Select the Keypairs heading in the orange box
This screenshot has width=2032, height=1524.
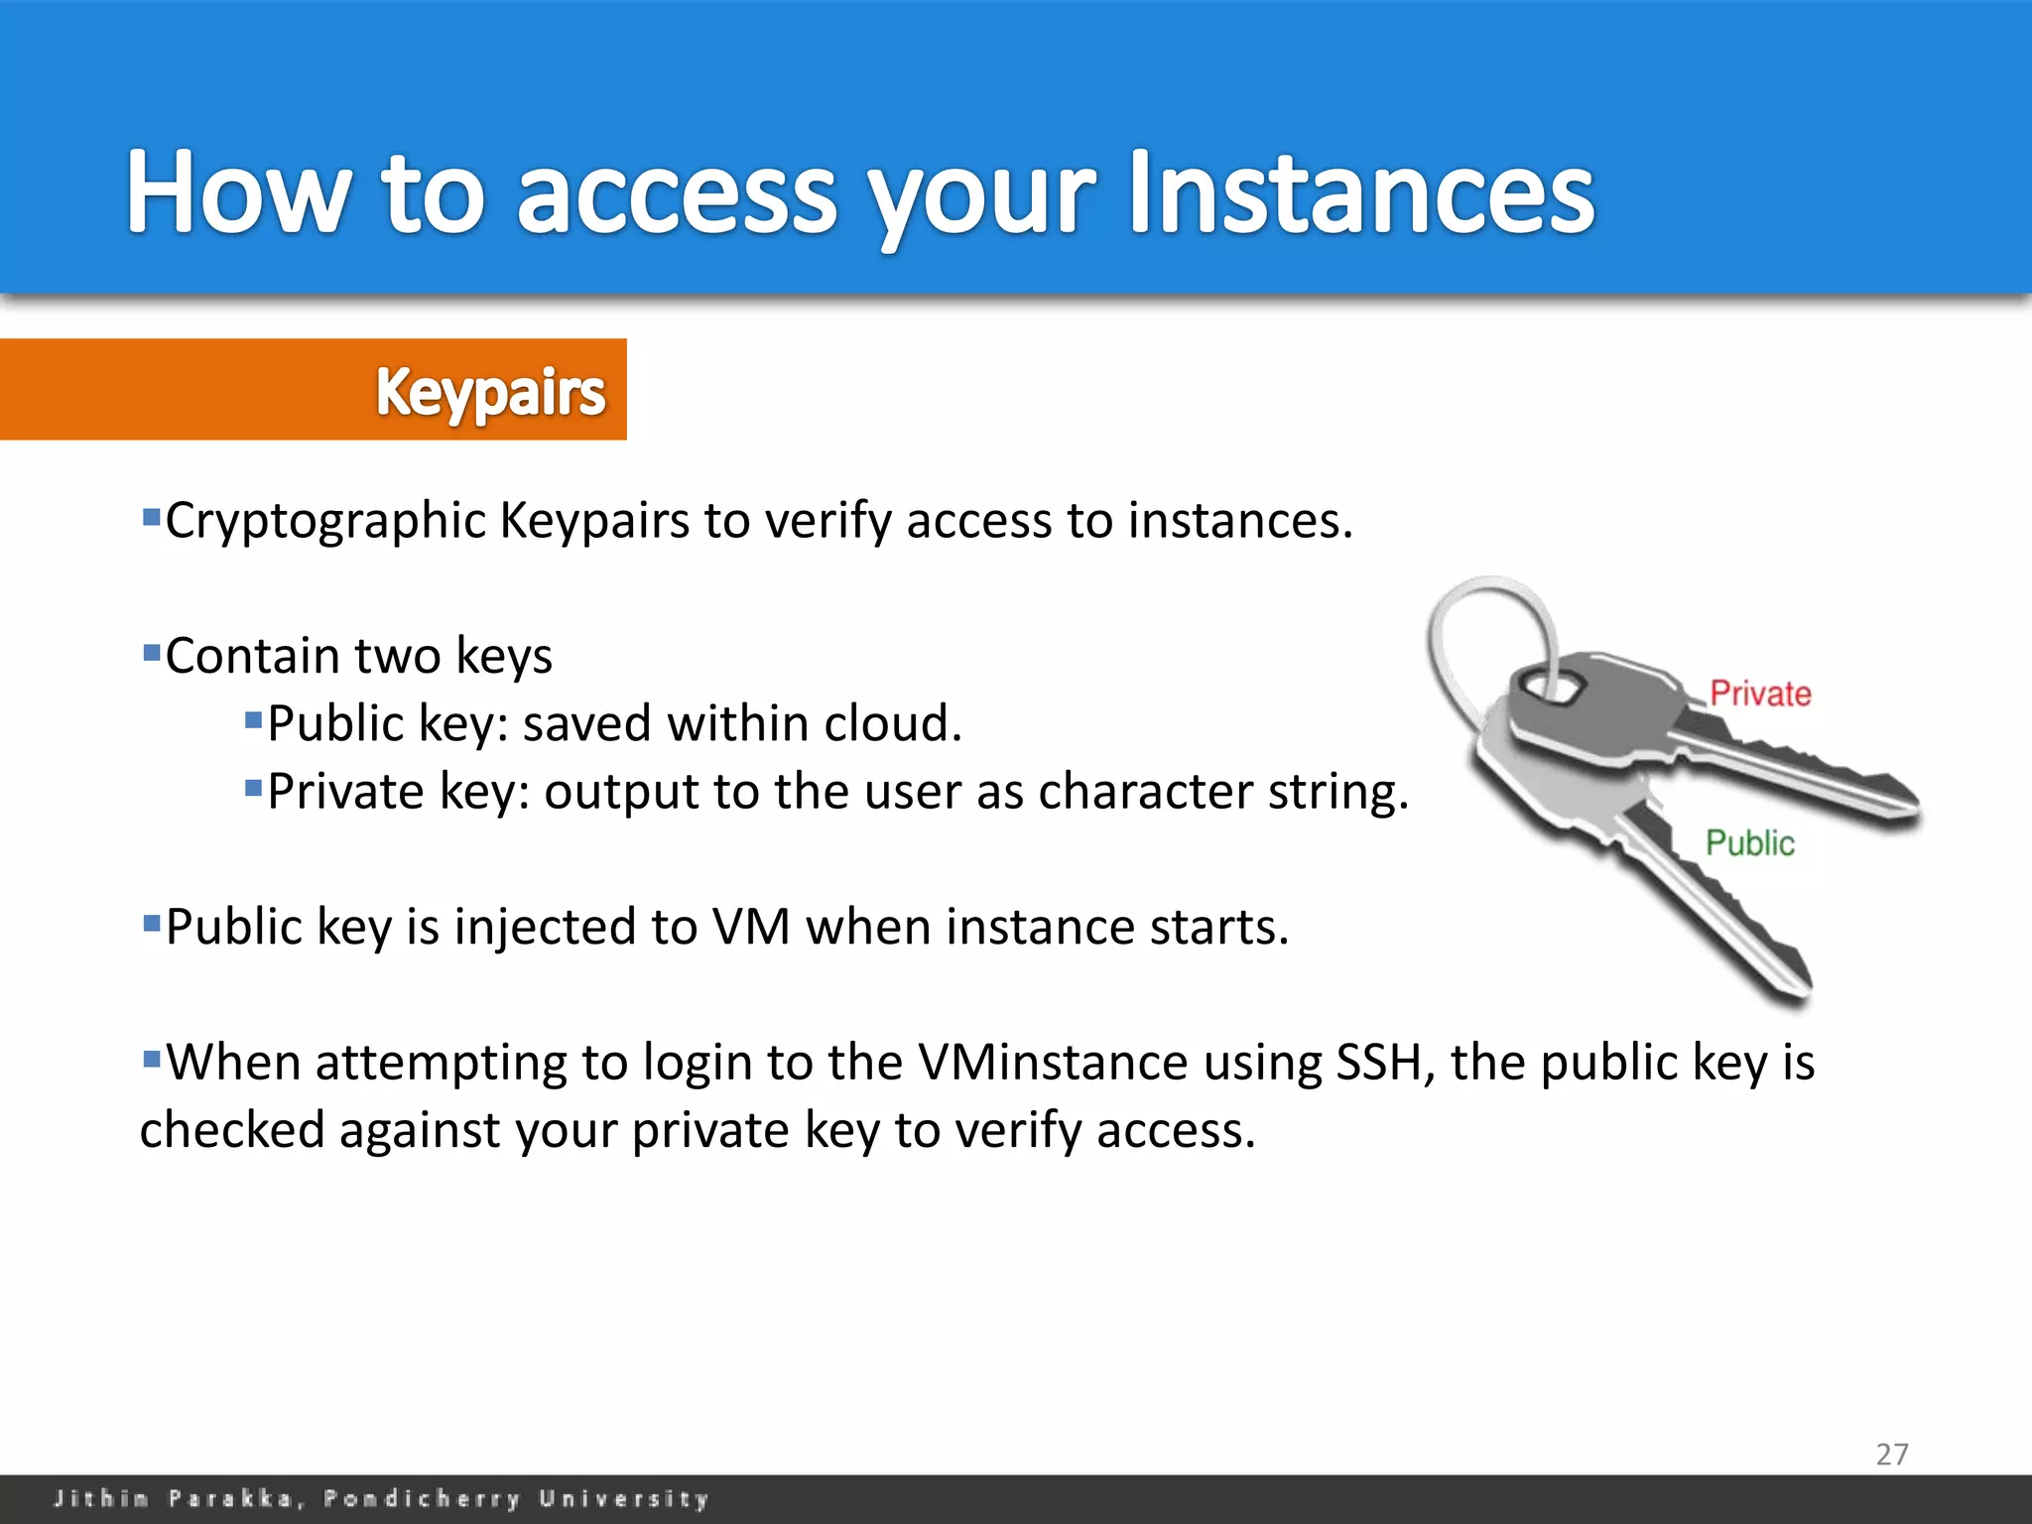pyautogui.click(x=490, y=393)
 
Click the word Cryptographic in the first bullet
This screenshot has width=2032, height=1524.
pyautogui.click(x=325, y=522)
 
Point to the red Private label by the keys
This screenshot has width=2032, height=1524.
pyautogui.click(x=1760, y=694)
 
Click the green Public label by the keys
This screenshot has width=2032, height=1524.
pyautogui.click(x=1750, y=843)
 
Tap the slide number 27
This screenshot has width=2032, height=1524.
pyautogui.click(x=1891, y=1455)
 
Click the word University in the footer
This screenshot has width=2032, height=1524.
pyautogui.click(x=624, y=1498)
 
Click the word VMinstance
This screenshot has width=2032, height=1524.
pyautogui.click(x=1053, y=1063)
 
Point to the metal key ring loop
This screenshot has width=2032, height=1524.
pyautogui.click(x=1478, y=635)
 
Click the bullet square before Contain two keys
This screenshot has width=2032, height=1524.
pyautogui.click(x=152, y=653)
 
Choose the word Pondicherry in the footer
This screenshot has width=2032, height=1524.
pyautogui.click(x=422, y=1498)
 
